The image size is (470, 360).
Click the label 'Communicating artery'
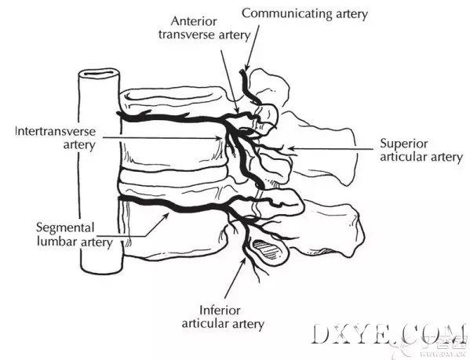coord(304,14)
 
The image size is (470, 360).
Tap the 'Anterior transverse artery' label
coord(204,28)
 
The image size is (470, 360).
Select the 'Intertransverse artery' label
coord(55,138)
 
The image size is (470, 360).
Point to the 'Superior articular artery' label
coord(421,151)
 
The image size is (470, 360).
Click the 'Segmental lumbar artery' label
coord(74,235)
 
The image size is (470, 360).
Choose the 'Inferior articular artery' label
coord(223,318)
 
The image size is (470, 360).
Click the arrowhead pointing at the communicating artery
coord(247,67)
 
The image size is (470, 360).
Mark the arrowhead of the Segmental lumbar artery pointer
coord(166,216)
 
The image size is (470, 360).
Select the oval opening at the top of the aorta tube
coord(99,73)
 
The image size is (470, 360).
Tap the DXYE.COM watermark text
coord(388,334)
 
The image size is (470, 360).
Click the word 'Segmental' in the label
coord(65,227)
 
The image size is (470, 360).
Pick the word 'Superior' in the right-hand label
coord(404,144)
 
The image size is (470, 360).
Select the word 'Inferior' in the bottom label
coord(220,311)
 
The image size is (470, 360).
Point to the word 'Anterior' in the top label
coord(194,21)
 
